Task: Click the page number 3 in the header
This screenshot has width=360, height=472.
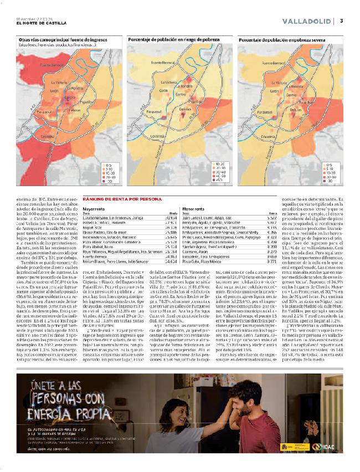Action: click(342, 21)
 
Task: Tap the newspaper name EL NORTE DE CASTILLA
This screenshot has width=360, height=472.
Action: click(42, 23)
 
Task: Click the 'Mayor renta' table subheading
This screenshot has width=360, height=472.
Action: click(94, 209)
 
